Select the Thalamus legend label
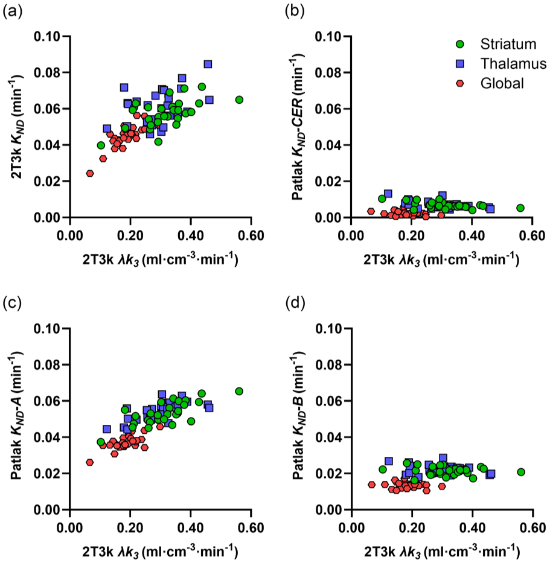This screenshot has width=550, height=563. tap(513, 64)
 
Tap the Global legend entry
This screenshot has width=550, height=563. tap(502, 83)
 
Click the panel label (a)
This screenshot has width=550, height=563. tap(12, 12)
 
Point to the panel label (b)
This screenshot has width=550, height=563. tap(295, 12)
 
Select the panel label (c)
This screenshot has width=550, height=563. tap(12, 304)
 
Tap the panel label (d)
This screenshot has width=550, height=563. tap(295, 304)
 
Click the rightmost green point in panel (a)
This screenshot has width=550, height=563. tap(239, 100)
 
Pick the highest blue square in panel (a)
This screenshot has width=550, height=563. tap(208, 65)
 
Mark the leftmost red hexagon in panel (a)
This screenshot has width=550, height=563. tap(90, 173)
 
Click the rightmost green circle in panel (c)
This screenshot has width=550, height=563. tap(239, 391)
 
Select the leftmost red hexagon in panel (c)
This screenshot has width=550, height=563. tap(90, 462)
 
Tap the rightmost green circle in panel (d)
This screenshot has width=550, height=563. tap(521, 472)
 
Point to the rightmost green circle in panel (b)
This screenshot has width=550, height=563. tap(520, 208)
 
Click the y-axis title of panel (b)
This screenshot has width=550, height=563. tap(298, 127)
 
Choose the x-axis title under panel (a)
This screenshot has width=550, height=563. tap(160, 259)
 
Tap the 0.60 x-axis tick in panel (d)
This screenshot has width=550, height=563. tap(532, 528)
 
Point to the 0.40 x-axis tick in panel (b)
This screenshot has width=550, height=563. tap(472, 236)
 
